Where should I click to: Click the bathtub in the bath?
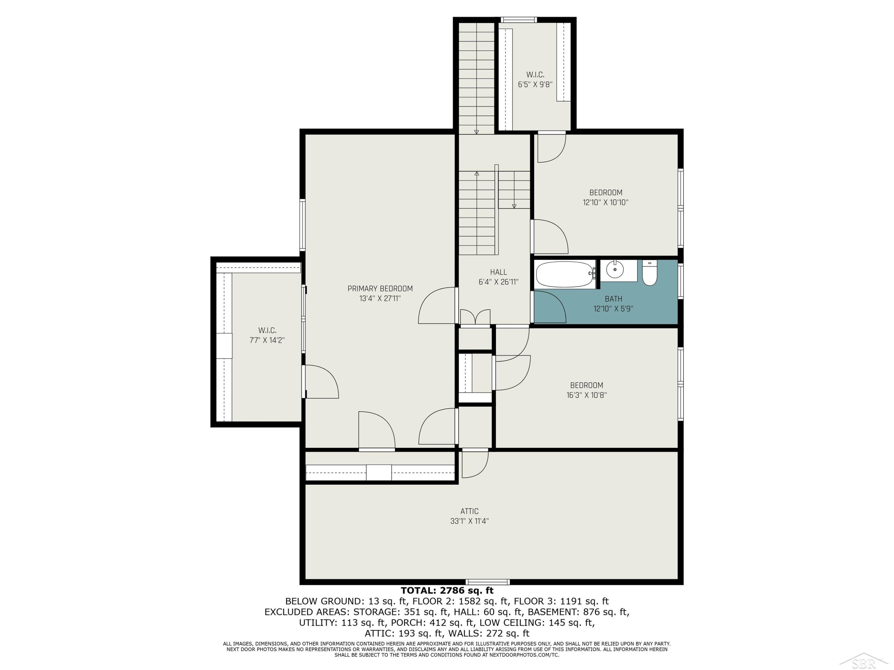click(x=565, y=274)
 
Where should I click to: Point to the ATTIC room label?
click(x=469, y=511)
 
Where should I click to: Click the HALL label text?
click(x=498, y=272)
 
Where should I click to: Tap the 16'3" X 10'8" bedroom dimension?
click(x=586, y=395)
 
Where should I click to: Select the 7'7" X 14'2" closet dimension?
click(x=267, y=340)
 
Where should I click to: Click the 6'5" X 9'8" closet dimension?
click(x=535, y=84)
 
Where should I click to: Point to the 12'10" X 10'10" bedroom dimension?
click(x=606, y=202)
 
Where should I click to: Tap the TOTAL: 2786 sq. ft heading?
click(x=447, y=591)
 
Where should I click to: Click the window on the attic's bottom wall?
click(x=488, y=582)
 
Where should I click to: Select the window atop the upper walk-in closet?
click(x=519, y=19)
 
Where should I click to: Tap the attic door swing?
click(x=475, y=464)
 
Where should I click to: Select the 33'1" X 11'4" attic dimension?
click(x=469, y=521)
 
